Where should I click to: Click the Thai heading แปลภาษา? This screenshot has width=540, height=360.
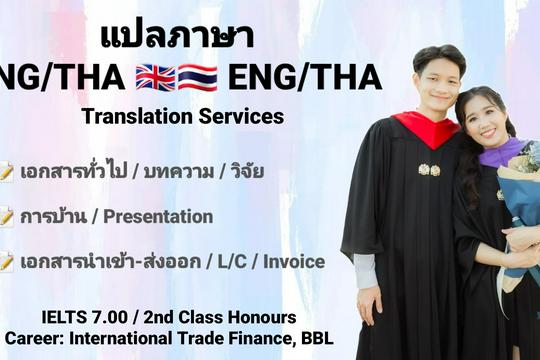(x=177, y=35)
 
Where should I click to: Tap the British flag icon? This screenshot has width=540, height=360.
(x=155, y=78)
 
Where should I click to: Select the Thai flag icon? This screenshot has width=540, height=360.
(x=197, y=78)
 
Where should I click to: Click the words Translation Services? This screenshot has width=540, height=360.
(x=183, y=116)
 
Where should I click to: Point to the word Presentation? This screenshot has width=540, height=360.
(x=159, y=216)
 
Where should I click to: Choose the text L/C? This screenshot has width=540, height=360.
(x=236, y=262)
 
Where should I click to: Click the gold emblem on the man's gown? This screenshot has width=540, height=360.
(x=429, y=169)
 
